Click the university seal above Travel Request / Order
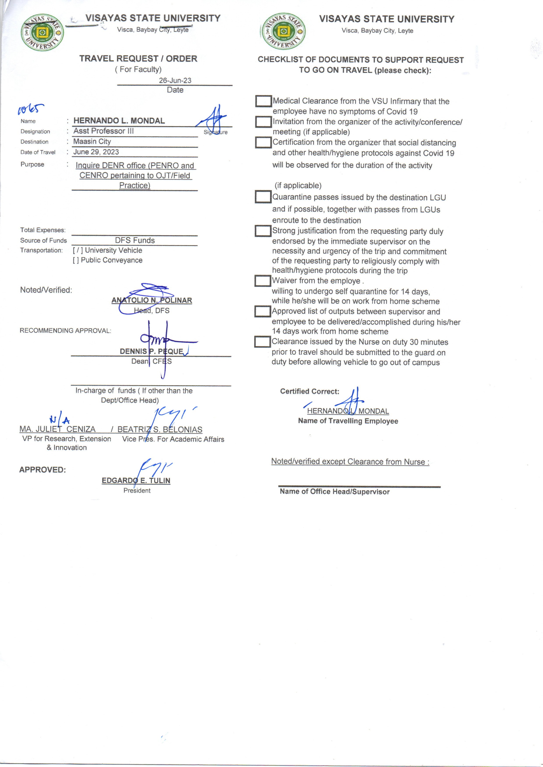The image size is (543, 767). click(42, 32)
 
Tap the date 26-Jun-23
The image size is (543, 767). click(175, 81)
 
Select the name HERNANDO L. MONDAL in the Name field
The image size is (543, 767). click(119, 121)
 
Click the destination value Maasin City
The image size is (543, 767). click(92, 141)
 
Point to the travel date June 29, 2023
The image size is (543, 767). click(96, 152)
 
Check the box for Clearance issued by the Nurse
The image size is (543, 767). click(262, 341)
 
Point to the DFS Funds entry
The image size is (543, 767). click(135, 240)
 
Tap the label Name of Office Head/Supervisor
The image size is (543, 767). click(334, 492)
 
